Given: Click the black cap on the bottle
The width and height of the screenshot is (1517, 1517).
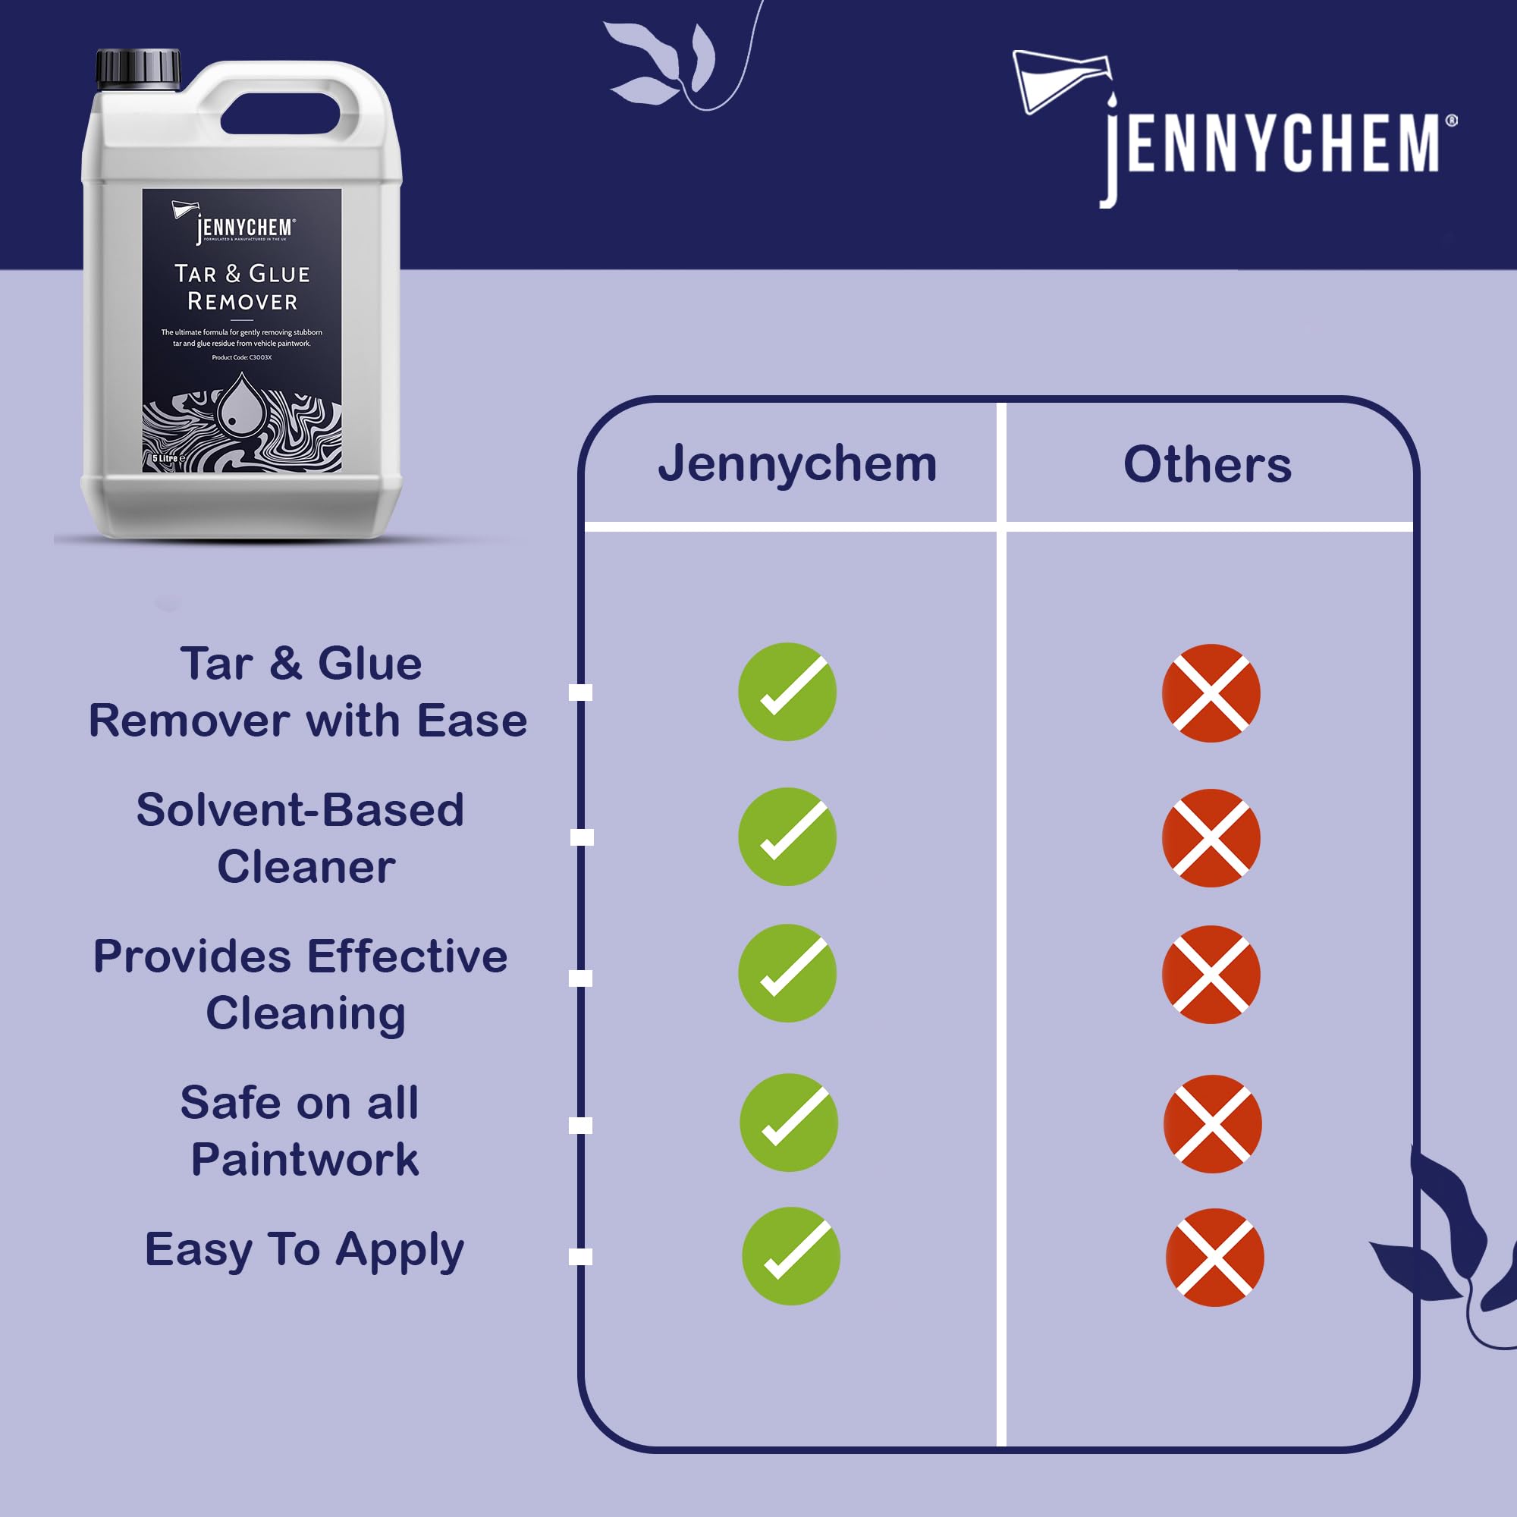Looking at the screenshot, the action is (138, 68).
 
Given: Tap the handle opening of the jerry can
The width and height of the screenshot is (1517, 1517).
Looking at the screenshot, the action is (281, 115).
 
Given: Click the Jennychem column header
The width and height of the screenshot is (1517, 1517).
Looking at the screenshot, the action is (797, 464).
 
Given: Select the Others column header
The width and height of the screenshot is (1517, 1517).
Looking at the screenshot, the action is (1207, 464).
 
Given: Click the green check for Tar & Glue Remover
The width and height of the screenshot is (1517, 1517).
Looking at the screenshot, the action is (787, 691).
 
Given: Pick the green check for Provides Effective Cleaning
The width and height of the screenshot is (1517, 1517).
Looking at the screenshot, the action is (787, 973).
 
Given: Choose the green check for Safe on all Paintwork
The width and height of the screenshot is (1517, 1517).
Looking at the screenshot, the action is (788, 1122).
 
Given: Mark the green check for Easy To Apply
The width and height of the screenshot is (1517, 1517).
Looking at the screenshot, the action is (790, 1255).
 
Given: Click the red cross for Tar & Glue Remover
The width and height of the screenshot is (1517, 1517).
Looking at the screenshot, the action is (1211, 693).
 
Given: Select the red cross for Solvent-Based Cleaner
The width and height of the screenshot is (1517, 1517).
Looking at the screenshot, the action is (1211, 838).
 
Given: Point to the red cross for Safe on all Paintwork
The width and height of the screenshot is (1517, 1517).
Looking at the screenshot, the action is (1212, 1123).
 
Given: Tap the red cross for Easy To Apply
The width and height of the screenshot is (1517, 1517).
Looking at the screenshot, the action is (1214, 1257).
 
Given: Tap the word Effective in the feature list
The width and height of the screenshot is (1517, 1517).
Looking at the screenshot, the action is (407, 956).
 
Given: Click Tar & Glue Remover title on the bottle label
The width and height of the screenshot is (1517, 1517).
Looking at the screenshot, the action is (242, 287).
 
